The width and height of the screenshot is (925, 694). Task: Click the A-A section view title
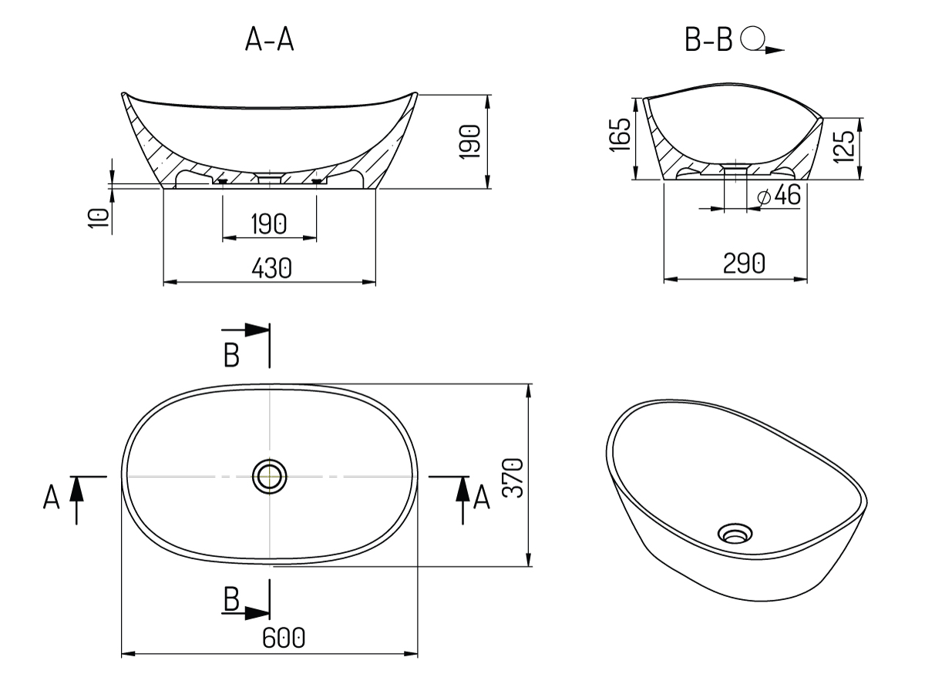click(269, 40)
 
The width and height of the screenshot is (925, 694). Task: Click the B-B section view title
click(709, 40)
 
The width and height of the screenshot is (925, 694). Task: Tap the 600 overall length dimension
click(283, 638)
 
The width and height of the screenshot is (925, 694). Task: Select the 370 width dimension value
click(513, 478)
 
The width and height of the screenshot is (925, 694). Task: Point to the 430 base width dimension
click(271, 268)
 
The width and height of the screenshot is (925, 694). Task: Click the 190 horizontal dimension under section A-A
click(269, 223)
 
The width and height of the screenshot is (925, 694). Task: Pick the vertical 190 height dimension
click(470, 142)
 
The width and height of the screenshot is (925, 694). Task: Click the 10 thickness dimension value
click(99, 218)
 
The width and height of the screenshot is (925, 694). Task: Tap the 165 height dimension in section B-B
click(621, 134)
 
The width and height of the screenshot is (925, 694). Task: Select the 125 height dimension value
click(844, 146)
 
